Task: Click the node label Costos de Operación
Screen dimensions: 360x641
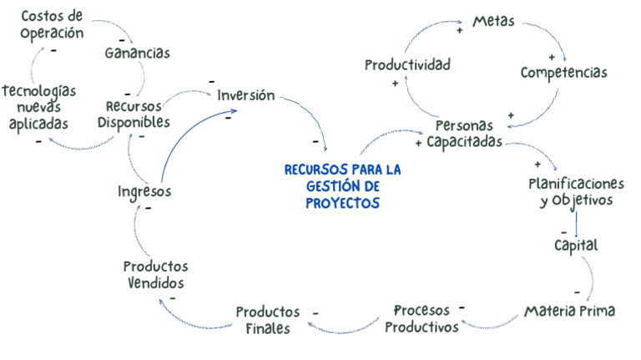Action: [x=52, y=24]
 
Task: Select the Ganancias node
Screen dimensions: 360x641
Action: [x=137, y=53]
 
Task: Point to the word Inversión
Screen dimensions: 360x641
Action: [x=245, y=95]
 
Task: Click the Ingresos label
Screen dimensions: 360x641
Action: [x=144, y=191]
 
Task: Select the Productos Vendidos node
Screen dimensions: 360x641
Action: [x=155, y=274]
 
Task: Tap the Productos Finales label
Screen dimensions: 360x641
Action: [x=267, y=320]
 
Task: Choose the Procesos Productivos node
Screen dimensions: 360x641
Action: [x=421, y=318]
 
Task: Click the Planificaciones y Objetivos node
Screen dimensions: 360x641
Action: [x=577, y=191]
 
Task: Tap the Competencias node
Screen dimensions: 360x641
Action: [x=563, y=73]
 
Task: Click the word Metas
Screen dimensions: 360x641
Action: [x=494, y=21]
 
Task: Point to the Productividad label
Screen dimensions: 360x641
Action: [x=407, y=64]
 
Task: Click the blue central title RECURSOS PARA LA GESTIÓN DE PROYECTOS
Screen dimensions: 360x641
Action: [x=342, y=185]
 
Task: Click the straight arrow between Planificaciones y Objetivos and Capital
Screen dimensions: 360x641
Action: [x=576, y=221]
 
